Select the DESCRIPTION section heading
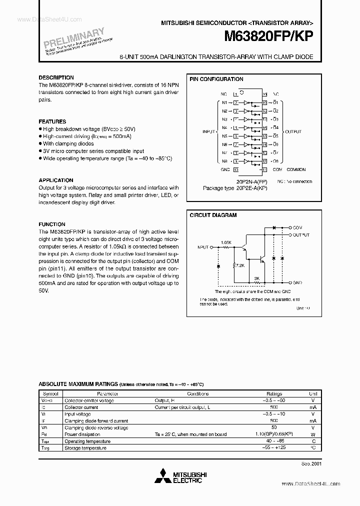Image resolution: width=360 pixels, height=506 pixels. click(x=56, y=77)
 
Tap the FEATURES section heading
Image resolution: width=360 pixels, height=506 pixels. click(x=52, y=121)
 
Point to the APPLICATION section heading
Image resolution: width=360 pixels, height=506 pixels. click(x=56, y=180)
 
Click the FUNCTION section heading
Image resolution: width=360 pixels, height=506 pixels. click(x=52, y=224)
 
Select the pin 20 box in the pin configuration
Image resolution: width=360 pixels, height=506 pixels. click(x=264, y=94)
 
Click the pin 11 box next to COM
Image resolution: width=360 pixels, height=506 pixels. click(x=264, y=169)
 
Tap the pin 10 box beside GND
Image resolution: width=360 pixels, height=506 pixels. click(x=235, y=169)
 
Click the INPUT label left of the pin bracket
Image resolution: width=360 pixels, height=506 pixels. click(x=208, y=132)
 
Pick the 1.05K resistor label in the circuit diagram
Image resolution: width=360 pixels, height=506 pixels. click(x=226, y=242)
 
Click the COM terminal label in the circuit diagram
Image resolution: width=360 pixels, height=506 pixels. click(x=297, y=227)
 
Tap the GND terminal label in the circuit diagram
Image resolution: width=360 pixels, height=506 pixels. click(x=297, y=282)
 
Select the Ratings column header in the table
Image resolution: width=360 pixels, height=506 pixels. click(x=274, y=393)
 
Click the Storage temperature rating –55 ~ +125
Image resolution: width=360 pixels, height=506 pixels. click(x=274, y=448)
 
